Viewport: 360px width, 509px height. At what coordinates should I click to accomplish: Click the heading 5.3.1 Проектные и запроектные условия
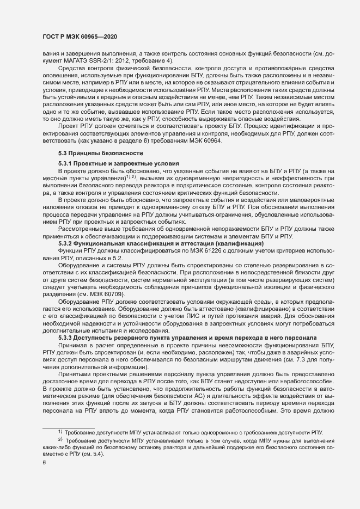[x=119, y=164]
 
